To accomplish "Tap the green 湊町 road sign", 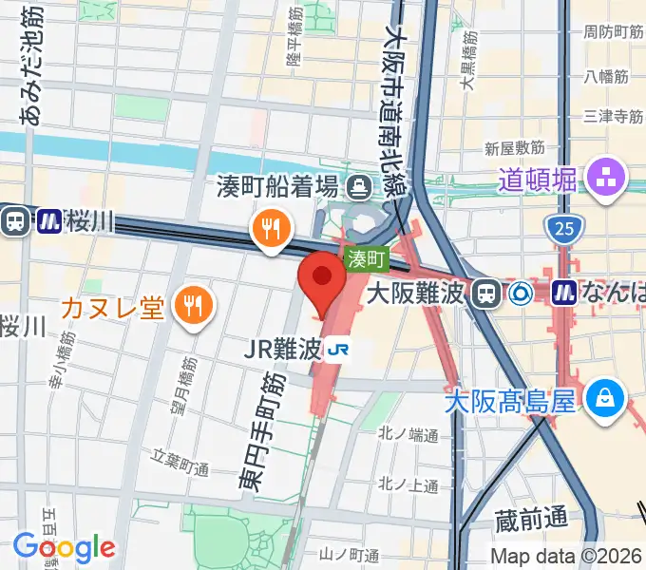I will tap(368, 258).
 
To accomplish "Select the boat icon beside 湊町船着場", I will tap(360, 185).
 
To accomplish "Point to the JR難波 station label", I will tap(282, 351).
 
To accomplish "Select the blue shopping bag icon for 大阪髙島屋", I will tap(604, 396).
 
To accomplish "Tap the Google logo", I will tap(64, 547).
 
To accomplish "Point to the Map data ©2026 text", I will tap(566, 555).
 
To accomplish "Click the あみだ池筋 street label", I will tap(31, 66).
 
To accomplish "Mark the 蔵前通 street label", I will tap(531, 519).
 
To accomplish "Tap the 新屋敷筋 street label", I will tap(514, 149).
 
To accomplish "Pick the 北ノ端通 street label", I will tap(408, 436).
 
